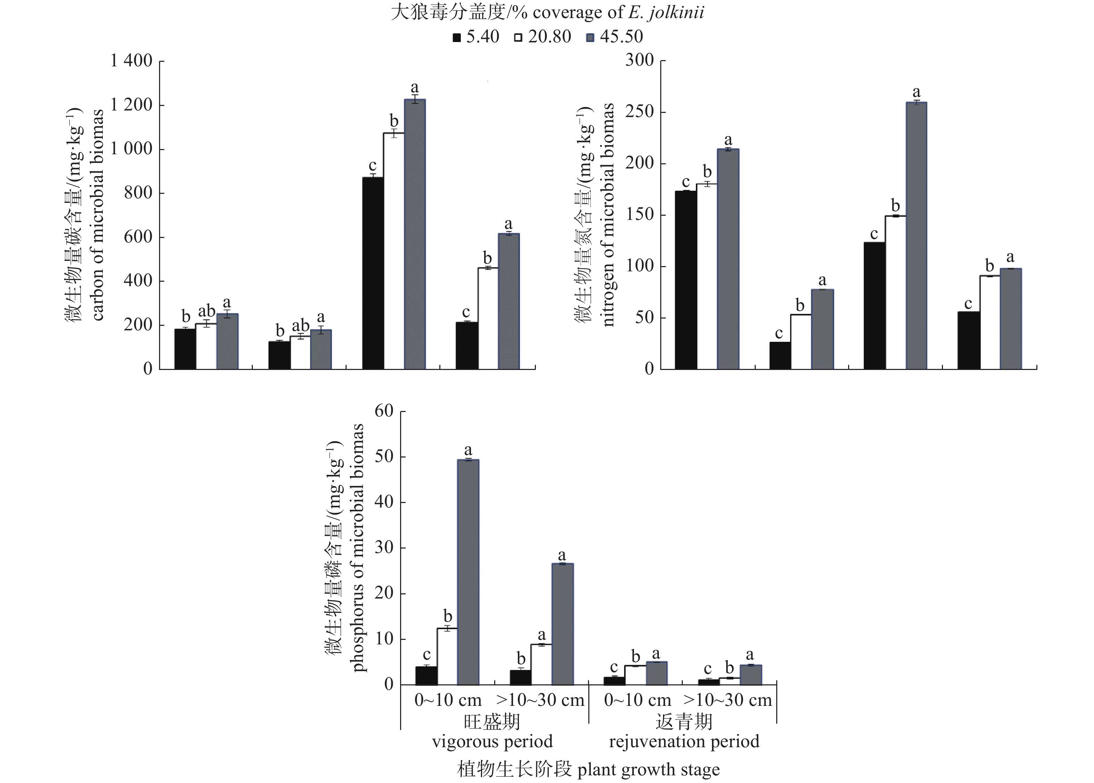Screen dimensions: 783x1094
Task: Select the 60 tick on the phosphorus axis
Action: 384,411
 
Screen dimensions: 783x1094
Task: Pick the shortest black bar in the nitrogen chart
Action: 780,355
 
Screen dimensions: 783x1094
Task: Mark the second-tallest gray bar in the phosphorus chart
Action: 562,624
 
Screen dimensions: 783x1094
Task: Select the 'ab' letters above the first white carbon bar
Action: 207,311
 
